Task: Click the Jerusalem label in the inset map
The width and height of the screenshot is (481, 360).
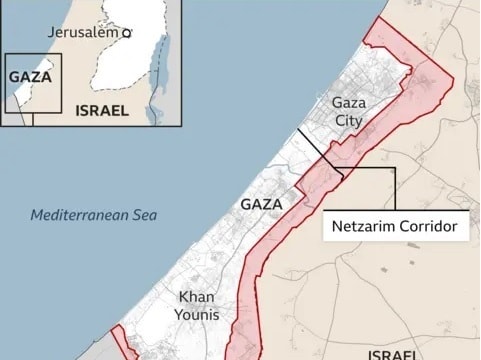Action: click(83, 33)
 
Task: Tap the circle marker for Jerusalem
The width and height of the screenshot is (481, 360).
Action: click(127, 34)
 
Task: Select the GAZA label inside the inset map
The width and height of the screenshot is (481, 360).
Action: click(30, 77)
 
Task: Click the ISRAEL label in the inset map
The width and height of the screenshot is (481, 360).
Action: click(102, 111)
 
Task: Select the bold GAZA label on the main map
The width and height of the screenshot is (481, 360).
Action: click(263, 204)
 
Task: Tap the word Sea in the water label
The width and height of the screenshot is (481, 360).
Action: click(144, 215)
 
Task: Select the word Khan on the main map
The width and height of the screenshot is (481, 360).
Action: click(196, 296)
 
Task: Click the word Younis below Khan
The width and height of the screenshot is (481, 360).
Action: click(196, 315)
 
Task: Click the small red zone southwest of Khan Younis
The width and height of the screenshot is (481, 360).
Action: click(124, 343)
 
